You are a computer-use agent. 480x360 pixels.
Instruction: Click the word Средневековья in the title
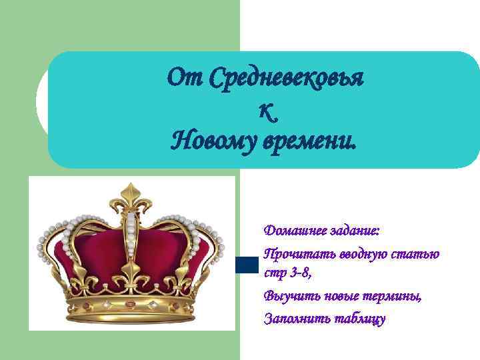tap(286, 79)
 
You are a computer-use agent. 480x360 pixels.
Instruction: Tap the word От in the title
tap(185, 79)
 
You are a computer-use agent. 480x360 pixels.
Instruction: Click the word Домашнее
tap(291, 231)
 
